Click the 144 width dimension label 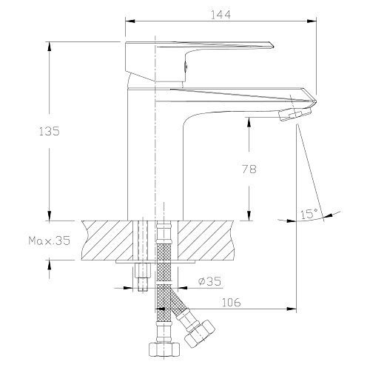tap(221, 15)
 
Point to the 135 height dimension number tap(50, 131)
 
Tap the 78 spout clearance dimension tap(249, 169)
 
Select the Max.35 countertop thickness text tap(50, 240)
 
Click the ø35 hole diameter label tap(209, 281)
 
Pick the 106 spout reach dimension tap(231, 303)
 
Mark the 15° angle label tap(309, 214)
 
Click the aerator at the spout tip tap(295, 114)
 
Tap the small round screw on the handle tap(186, 67)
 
